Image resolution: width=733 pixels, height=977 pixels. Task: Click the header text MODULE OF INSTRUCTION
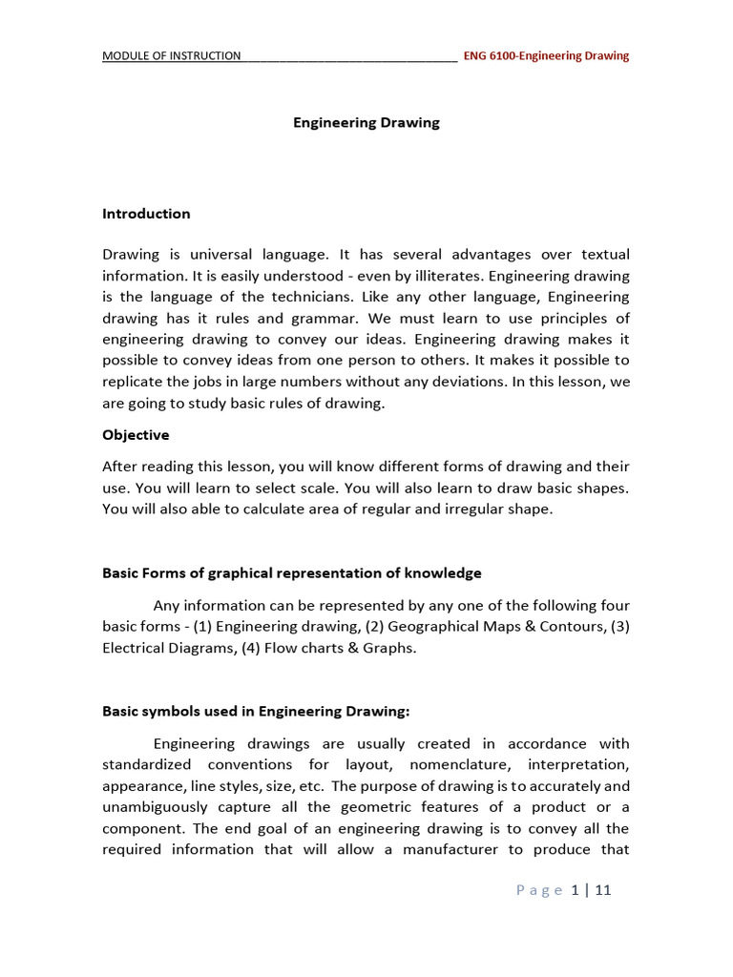[x=172, y=55]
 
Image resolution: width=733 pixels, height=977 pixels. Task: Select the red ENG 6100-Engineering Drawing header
[x=546, y=55]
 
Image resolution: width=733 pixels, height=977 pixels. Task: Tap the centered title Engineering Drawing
[x=366, y=122]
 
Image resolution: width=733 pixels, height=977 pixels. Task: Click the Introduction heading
[x=146, y=214]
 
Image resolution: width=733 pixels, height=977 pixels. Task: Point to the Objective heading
[x=136, y=435]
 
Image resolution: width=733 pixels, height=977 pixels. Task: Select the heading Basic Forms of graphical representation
[x=291, y=573]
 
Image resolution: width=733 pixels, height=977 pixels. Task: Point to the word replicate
[x=134, y=382]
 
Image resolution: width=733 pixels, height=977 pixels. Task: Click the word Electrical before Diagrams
[x=135, y=648]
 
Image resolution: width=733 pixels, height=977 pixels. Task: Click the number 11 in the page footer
[x=602, y=890]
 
